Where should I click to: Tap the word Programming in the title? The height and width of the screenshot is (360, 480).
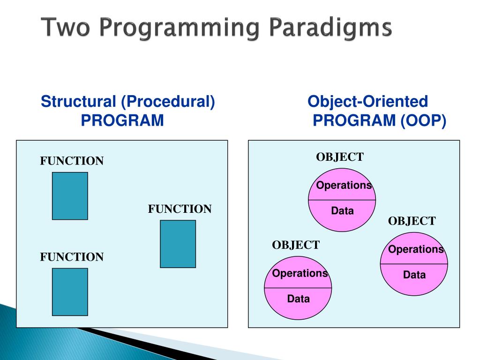(180, 28)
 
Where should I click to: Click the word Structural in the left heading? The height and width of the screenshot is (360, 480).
(78, 102)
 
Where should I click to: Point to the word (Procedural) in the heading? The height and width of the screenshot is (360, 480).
(168, 102)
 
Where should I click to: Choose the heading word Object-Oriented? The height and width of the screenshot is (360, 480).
(367, 102)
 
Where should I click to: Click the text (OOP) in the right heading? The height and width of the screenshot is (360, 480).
(424, 120)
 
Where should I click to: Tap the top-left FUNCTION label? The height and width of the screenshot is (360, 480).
(72, 161)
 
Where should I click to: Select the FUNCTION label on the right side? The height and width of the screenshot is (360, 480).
(180, 209)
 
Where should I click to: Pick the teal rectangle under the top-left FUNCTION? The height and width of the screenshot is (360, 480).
(70, 196)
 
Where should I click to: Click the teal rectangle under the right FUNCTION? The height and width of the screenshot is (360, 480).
(178, 244)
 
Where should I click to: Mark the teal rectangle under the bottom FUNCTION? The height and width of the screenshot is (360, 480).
(70, 292)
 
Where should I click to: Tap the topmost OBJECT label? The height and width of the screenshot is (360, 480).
(340, 157)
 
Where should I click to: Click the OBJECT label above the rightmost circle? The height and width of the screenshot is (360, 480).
(412, 221)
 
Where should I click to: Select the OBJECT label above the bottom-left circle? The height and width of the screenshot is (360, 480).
(296, 245)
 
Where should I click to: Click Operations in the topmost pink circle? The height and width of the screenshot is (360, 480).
(344, 186)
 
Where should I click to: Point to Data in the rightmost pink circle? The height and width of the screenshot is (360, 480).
(414, 275)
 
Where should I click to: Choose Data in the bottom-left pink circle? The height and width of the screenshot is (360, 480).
(299, 299)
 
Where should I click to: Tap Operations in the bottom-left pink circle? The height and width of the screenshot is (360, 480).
(300, 273)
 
